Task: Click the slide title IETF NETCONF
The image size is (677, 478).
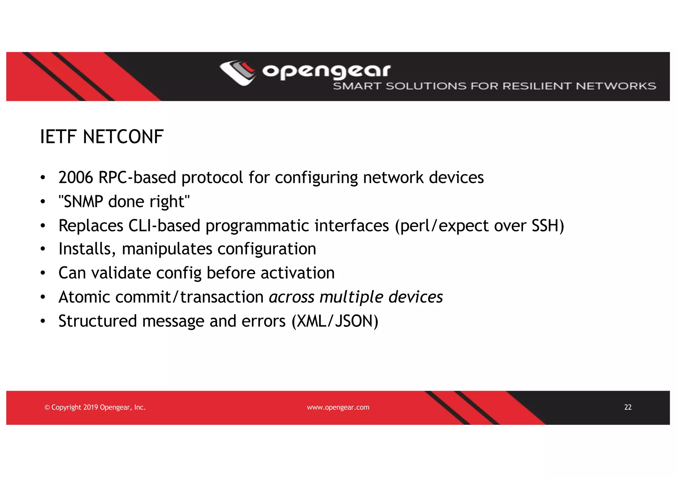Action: (x=102, y=137)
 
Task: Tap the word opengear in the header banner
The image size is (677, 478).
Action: (x=326, y=71)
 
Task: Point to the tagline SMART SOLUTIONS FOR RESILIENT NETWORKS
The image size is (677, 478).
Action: (x=494, y=86)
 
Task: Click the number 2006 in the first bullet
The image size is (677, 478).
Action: (x=76, y=178)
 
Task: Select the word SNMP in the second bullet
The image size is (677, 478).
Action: (x=84, y=202)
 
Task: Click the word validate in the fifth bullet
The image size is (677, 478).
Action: (x=121, y=273)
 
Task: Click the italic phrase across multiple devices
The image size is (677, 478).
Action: (x=356, y=297)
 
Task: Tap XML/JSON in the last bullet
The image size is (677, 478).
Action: (x=335, y=321)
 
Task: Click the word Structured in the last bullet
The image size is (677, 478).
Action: (x=98, y=321)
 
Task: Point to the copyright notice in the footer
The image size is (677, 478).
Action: (x=95, y=407)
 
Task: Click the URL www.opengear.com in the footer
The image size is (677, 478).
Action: (x=338, y=407)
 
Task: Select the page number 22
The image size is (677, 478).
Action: (x=628, y=407)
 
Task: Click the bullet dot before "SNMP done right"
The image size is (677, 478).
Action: (x=43, y=202)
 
